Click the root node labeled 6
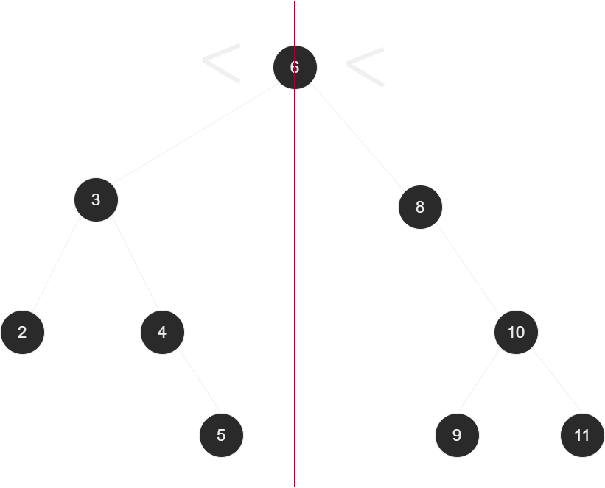click(295, 67)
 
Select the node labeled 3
click(96, 199)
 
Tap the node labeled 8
click(420, 207)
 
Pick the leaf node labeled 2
click(22, 332)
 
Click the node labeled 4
click(162, 332)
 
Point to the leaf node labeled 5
click(221, 435)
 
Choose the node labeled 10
click(516, 332)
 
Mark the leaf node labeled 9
click(457, 435)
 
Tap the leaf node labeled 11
click(582, 435)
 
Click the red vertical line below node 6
click(295, 294)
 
